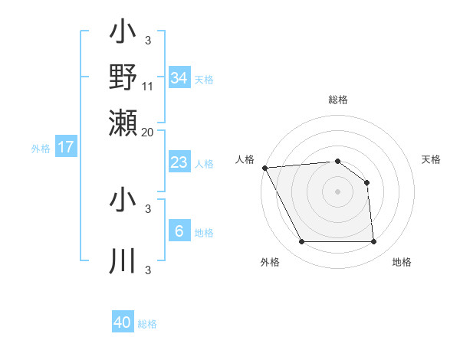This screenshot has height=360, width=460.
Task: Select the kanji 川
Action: pyautogui.click(x=123, y=261)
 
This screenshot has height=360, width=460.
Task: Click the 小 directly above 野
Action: pyautogui.click(x=123, y=32)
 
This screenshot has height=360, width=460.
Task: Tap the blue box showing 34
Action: pyautogui.click(x=179, y=78)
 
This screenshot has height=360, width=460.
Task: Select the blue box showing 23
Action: pyautogui.click(x=179, y=162)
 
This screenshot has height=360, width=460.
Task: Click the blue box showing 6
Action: pyautogui.click(x=179, y=231)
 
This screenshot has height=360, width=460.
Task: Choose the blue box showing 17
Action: pyautogui.click(x=65, y=147)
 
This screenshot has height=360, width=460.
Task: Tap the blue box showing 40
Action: pyautogui.click(x=123, y=322)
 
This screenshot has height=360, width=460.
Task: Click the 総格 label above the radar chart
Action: pyautogui.click(x=337, y=100)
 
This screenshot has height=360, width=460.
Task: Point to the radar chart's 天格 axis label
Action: pyautogui.click(x=431, y=159)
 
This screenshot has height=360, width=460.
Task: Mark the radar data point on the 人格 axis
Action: pyautogui.click(x=264, y=168)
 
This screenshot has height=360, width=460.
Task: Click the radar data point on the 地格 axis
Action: pyautogui.click(x=373, y=242)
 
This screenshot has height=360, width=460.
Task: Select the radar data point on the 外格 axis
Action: pyautogui.click(x=301, y=242)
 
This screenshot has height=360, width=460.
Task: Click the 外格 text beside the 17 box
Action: pyautogui.click(x=41, y=149)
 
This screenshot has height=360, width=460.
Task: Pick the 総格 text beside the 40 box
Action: pyautogui.click(x=147, y=324)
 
